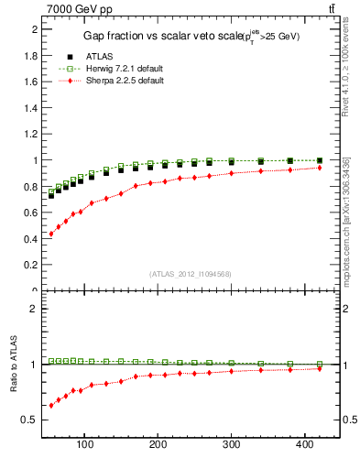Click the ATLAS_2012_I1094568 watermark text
coord(191,273)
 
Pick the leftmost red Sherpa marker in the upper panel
coord(51,234)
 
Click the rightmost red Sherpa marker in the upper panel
coord(320,168)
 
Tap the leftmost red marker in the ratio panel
coord(51,405)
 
